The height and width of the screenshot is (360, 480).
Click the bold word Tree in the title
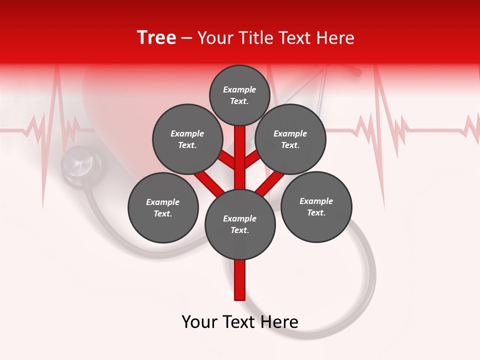pyautogui.click(x=156, y=37)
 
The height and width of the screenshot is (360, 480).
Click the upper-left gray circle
pyautogui.click(x=187, y=139)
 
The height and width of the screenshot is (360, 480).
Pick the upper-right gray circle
pyautogui.click(x=290, y=139)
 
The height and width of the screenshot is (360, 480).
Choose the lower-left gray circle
pyautogui.click(x=163, y=207)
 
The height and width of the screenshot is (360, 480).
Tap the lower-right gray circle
pyautogui.click(x=316, y=206)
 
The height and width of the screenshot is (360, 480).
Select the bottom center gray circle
pyautogui.click(x=240, y=224)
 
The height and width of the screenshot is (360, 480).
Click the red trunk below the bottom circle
pyautogui.click(x=240, y=280)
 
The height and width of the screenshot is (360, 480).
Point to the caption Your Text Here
pyautogui.click(x=240, y=322)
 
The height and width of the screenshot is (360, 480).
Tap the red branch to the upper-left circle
pyautogui.click(x=228, y=160)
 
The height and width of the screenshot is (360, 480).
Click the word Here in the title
pyautogui.click(x=337, y=38)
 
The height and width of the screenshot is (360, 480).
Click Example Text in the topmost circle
pyautogui.click(x=239, y=95)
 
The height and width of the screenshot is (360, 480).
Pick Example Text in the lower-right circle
pyautogui.click(x=316, y=206)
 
